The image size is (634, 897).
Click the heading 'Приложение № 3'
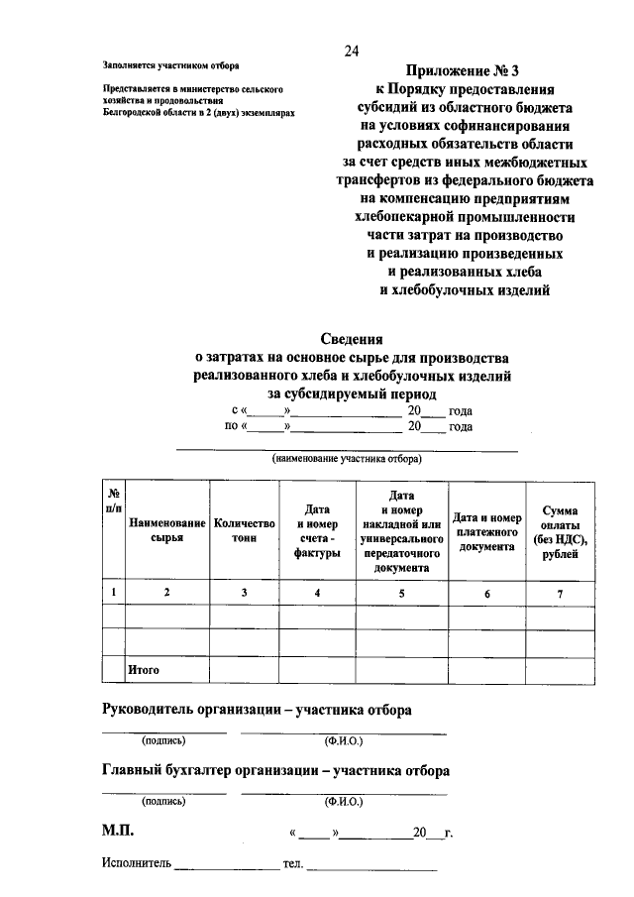click(x=463, y=72)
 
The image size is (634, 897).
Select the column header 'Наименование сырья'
click(x=167, y=529)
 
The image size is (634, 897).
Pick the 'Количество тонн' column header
click(x=244, y=529)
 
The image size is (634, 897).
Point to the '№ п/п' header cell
click(x=114, y=499)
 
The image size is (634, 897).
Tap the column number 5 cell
click(x=401, y=592)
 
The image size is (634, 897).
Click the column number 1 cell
click(x=114, y=592)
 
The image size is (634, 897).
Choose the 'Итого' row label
click(x=143, y=670)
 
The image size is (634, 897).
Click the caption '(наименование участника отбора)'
click(x=347, y=460)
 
